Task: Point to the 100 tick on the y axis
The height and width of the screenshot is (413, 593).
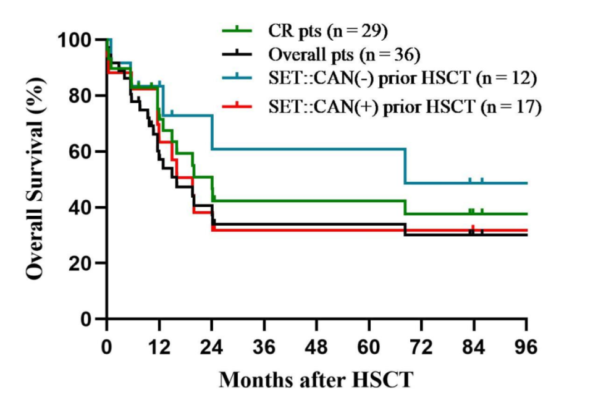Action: click(x=77, y=40)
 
